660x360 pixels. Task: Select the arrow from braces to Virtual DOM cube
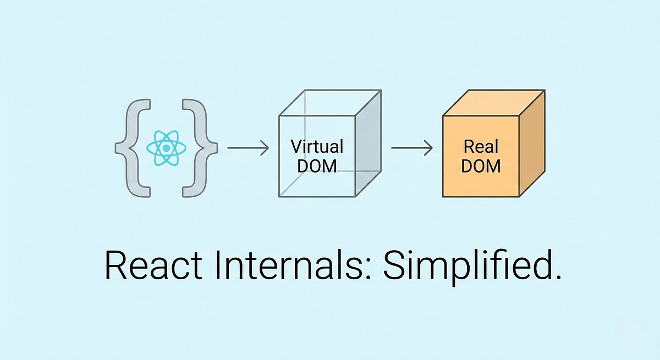pos(247,148)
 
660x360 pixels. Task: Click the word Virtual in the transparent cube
pos(317,147)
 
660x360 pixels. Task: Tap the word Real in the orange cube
pos(481,147)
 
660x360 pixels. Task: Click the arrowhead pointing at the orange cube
pos(430,148)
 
